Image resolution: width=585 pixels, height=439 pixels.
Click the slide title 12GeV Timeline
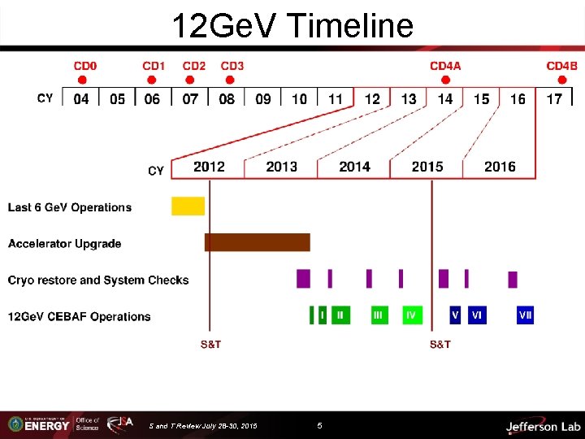292,26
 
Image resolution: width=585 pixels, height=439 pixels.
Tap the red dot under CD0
81,80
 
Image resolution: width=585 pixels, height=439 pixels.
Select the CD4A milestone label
445,66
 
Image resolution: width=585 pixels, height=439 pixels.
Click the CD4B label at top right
561,66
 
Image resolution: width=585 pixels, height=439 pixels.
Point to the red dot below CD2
190,80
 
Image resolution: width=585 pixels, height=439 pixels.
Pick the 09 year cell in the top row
263,99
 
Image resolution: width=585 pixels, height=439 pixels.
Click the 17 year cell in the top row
554,99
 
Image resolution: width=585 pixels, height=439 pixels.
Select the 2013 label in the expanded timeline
281,167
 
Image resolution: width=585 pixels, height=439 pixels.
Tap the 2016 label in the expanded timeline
500,167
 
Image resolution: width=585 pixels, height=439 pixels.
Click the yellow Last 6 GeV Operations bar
188,206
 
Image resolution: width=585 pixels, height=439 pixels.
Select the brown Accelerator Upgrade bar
257,242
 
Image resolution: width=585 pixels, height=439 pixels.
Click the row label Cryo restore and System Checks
98,280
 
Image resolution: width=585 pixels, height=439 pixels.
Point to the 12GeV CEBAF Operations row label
80,316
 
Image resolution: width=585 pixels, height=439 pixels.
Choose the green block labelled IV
412,315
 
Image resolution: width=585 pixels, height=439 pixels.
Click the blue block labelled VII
526,315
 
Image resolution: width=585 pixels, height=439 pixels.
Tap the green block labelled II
340,315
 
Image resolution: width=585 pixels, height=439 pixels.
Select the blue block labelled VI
477,315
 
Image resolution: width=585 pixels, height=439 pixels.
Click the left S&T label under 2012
210,345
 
